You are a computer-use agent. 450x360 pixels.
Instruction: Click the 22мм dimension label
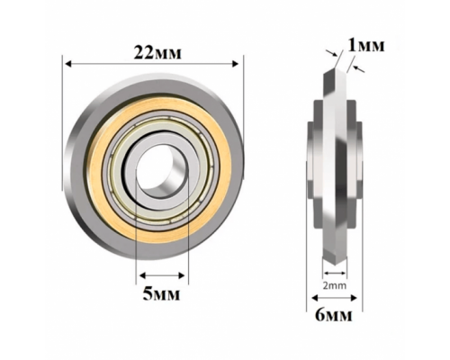coord(157,52)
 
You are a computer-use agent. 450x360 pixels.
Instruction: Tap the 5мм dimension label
coord(161,294)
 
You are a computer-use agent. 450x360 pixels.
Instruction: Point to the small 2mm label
coord(335,285)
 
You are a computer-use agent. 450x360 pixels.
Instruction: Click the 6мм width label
coord(334,315)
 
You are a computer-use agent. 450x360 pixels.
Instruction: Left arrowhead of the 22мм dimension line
coord(68,64)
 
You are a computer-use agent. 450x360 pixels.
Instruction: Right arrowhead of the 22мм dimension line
coord(236,64)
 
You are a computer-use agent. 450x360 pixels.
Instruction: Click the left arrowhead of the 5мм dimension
coord(143,275)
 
